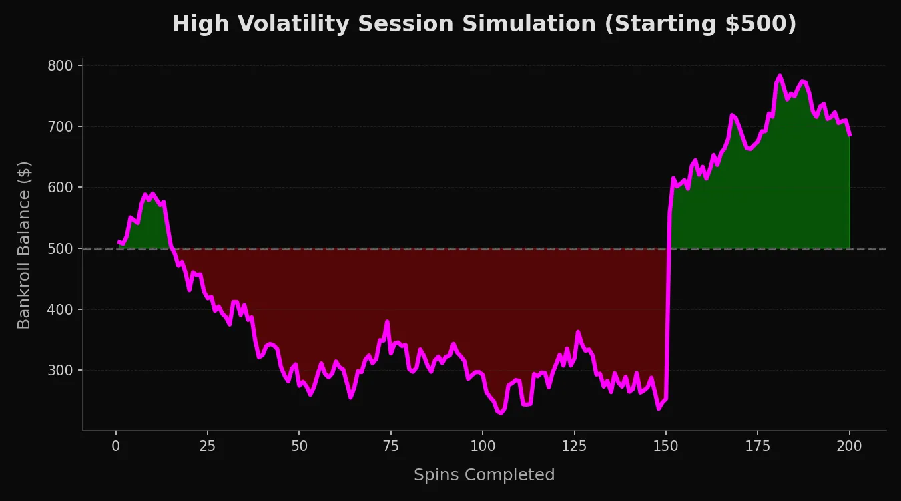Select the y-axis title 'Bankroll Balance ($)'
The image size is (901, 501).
pos(24,244)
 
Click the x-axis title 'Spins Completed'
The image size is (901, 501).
pos(484,475)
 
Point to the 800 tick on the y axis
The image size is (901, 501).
pos(61,65)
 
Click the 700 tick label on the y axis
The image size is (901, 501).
pos(61,126)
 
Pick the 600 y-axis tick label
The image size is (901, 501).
pos(61,188)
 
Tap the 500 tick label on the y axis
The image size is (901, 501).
pos(61,248)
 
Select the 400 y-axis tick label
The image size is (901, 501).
pos(61,309)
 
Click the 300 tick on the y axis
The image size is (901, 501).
pos(61,370)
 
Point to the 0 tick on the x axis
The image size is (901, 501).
pos(116,446)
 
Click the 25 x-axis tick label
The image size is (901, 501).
pos(208,446)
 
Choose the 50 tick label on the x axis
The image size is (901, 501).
pos(299,446)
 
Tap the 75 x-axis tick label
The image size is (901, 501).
pos(391,446)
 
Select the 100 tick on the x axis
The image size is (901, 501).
pos(483,446)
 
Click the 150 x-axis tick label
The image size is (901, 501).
pos(665,446)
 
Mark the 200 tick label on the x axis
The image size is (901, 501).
pos(849,446)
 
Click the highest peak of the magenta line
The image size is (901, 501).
pos(780,76)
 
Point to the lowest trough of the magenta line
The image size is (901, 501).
pos(501,413)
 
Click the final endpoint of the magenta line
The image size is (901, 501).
pos(850,135)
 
